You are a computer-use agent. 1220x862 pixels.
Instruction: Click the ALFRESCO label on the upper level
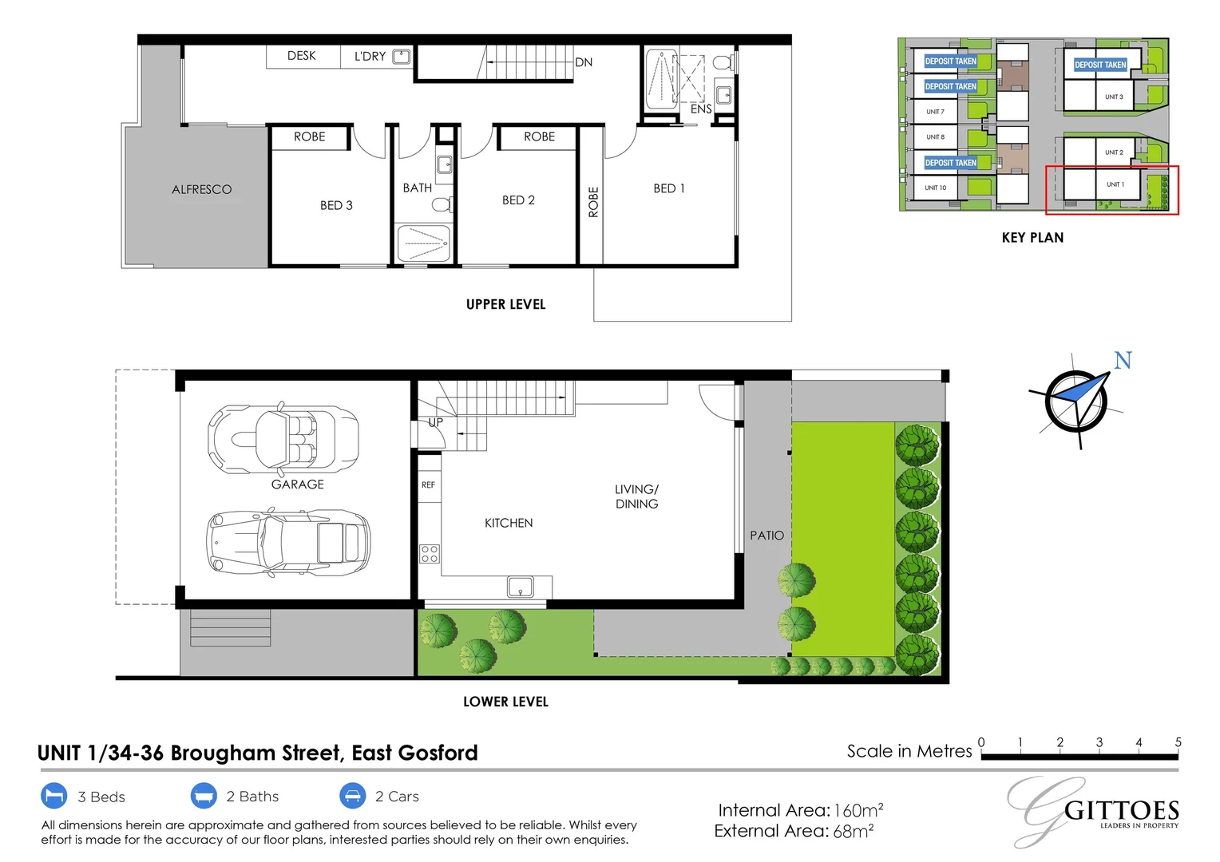coord(201,190)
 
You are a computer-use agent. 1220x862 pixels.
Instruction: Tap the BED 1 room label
coord(668,188)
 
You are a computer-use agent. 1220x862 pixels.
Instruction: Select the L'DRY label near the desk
coord(370,57)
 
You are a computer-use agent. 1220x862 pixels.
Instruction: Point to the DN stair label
coord(584,62)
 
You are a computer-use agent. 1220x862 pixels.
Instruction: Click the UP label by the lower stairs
coord(435,422)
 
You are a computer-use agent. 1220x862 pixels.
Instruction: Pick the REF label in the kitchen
coord(428,484)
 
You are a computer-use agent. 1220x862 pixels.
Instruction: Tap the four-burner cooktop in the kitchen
coord(430,553)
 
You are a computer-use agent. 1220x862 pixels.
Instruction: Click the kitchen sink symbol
coord(521,587)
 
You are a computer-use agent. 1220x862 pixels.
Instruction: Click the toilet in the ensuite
coord(723,62)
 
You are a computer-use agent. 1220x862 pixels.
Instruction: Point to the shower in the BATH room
coord(423,242)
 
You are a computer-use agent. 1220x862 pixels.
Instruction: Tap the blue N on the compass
coord(1123,361)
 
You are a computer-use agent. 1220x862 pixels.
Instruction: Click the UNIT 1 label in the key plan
coord(1115,184)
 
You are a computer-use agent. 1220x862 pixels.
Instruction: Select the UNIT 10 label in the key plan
coord(935,188)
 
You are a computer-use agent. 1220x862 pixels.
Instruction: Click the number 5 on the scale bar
coord(1178,742)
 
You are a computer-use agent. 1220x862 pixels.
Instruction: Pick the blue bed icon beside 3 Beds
coord(53,797)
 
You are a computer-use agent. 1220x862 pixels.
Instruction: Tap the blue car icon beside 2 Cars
coord(352,796)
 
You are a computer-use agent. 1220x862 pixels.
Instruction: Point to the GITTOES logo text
coord(1122,811)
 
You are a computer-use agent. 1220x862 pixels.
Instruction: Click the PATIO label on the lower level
coord(766,536)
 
